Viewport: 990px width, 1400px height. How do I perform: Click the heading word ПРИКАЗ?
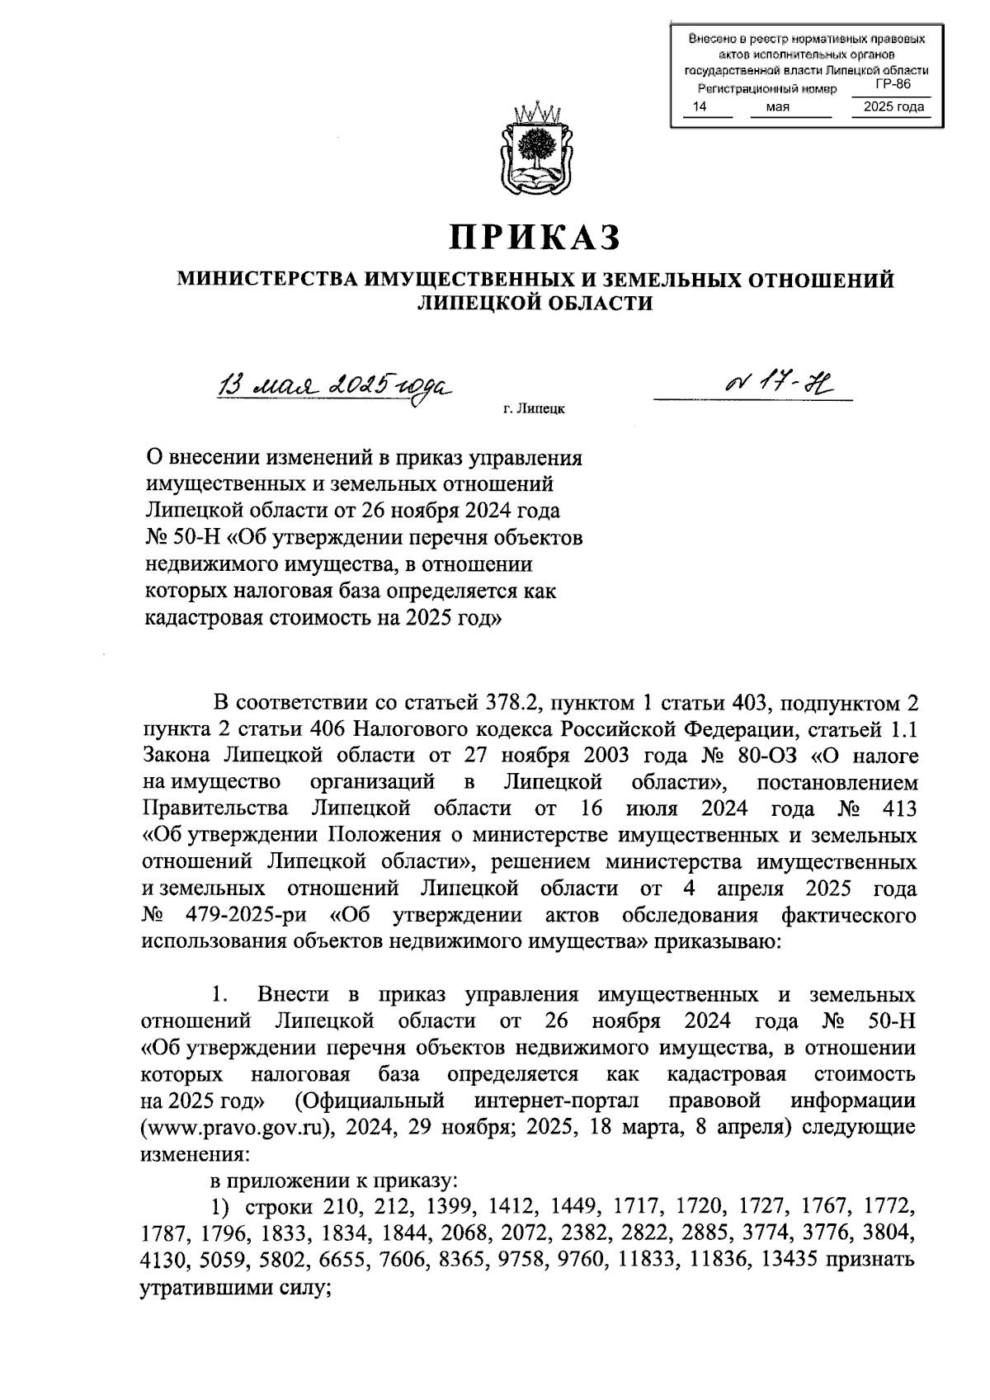pyautogui.click(x=535, y=237)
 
